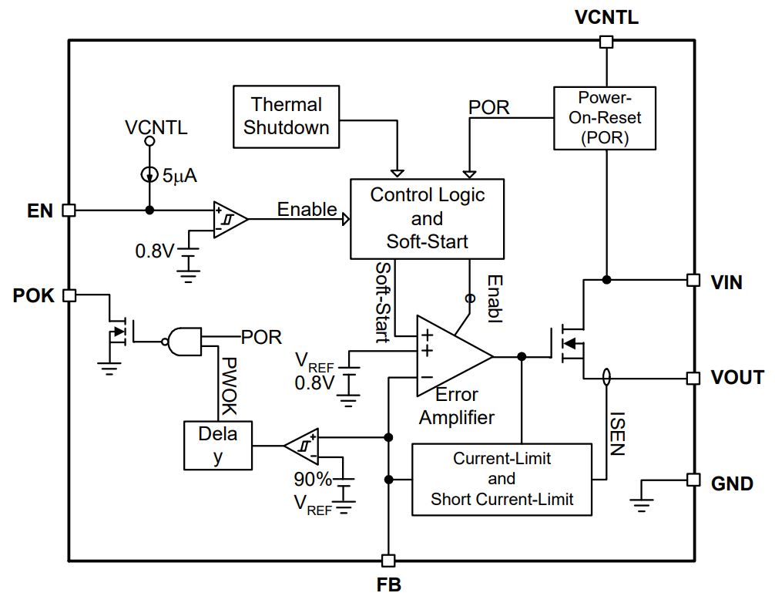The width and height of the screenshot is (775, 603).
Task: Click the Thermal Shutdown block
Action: (x=286, y=116)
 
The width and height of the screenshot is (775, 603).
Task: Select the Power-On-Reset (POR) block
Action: (x=605, y=118)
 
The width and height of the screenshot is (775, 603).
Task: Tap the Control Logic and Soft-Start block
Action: (x=427, y=219)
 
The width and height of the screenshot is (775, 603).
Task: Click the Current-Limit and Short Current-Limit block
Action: (x=502, y=480)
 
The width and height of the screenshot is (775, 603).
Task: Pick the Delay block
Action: (x=218, y=445)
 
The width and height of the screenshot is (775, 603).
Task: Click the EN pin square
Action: (x=69, y=211)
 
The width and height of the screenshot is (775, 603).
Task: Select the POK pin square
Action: (x=69, y=295)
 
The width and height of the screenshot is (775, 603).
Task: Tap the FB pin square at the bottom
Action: (x=388, y=561)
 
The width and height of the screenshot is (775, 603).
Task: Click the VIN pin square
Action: (x=693, y=280)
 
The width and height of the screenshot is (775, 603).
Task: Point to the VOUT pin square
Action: (x=693, y=379)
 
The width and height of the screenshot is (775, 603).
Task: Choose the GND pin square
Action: (x=693, y=480)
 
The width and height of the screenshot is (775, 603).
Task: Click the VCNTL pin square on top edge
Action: (x=606, y=42)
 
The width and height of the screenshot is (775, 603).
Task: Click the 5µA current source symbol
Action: (x=149, y=174)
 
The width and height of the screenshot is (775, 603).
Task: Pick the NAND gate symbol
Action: (x=183, y=342)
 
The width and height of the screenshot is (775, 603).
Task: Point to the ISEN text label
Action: (x=617, y=433)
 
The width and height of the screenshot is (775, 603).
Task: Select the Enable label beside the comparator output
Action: (x=307, y=209)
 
